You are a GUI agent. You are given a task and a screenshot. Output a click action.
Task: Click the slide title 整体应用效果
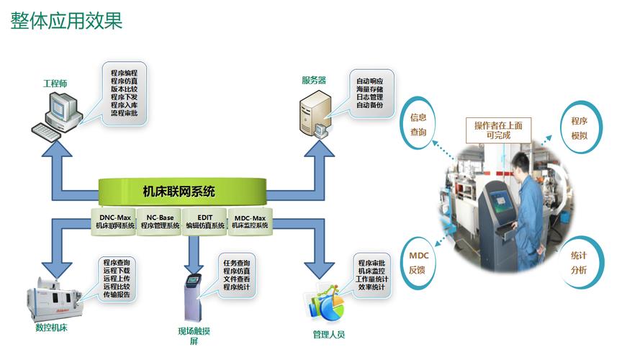point(66,20)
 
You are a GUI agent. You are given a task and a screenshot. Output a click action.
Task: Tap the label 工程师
point(55,84)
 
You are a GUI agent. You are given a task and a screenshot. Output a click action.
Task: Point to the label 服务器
point(314,80)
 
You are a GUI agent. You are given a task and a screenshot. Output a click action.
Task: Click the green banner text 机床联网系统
point(179,192)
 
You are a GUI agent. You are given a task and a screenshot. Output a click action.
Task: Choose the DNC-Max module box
point(116,221)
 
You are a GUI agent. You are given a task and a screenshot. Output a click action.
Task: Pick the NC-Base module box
point(160,221)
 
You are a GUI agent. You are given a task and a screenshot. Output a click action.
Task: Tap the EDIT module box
point(204,221)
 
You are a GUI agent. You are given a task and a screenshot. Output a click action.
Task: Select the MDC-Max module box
point(250,221)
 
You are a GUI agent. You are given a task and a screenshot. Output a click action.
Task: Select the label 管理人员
point(328,334)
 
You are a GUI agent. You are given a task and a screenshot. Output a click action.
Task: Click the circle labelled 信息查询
point(418,125)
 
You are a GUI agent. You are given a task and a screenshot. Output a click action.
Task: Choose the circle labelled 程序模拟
point(580,128)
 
